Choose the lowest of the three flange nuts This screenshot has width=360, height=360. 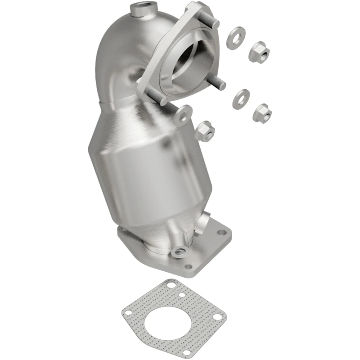click(x=205, y=130)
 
